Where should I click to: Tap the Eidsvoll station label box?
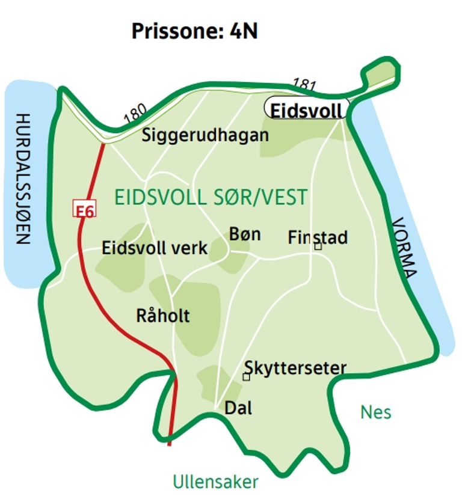coord(307,109)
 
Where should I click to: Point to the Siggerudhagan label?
coord(205,135)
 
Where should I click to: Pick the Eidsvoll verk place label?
coord(155,248)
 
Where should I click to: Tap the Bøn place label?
coord(245,233)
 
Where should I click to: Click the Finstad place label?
coord(318,237)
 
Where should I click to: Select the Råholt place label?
coord(163,315)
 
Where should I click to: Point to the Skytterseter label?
coord(295,367)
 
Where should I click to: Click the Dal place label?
coord(238,408)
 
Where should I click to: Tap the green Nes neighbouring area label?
coord(376,412)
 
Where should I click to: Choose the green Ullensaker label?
coord(215,482)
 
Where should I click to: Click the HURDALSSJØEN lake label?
coord(23,178)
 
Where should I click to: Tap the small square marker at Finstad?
coord(318,246)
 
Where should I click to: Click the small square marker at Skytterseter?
coord(246,377)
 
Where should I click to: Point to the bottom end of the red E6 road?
coord(170,444)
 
